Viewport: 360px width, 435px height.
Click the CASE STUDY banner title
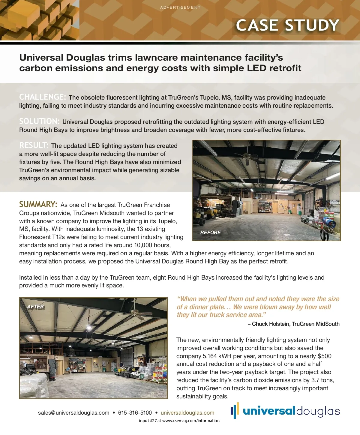[287, 25]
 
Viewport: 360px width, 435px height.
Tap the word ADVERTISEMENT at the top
[180, 7]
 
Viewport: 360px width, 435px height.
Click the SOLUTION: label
[39, 121]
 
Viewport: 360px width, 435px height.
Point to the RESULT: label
[34, 145]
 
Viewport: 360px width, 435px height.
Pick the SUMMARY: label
[38, 205]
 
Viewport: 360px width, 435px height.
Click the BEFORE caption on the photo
[210, 232]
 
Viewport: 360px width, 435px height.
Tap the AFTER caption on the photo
[35, 307]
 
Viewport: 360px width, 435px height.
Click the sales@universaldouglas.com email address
[73, 413]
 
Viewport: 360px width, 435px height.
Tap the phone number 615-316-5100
[135, 413]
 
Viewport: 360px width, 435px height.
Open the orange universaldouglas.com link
[187, 413]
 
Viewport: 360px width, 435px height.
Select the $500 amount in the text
[324, 356]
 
